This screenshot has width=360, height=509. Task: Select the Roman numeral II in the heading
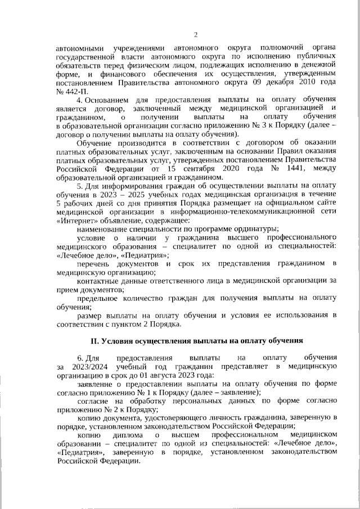pyautogui.click(x=94, y=340)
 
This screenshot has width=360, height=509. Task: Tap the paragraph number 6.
pyautogui.click(x=79, y=358)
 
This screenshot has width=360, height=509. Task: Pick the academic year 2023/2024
pyautogui.click(x=79, y=367)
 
